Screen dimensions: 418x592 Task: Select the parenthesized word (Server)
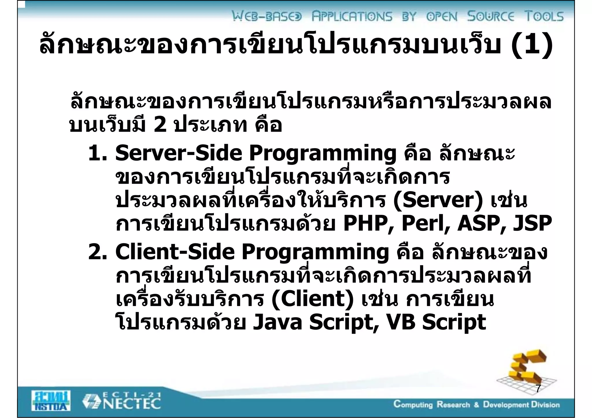(x=438, y=200)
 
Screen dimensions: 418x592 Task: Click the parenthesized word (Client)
(x=312, y=299)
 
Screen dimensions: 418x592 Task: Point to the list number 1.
(x=97, y=153)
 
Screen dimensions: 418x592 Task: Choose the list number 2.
(x=97, y=252)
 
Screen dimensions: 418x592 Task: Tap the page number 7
(x=538, y=389)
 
